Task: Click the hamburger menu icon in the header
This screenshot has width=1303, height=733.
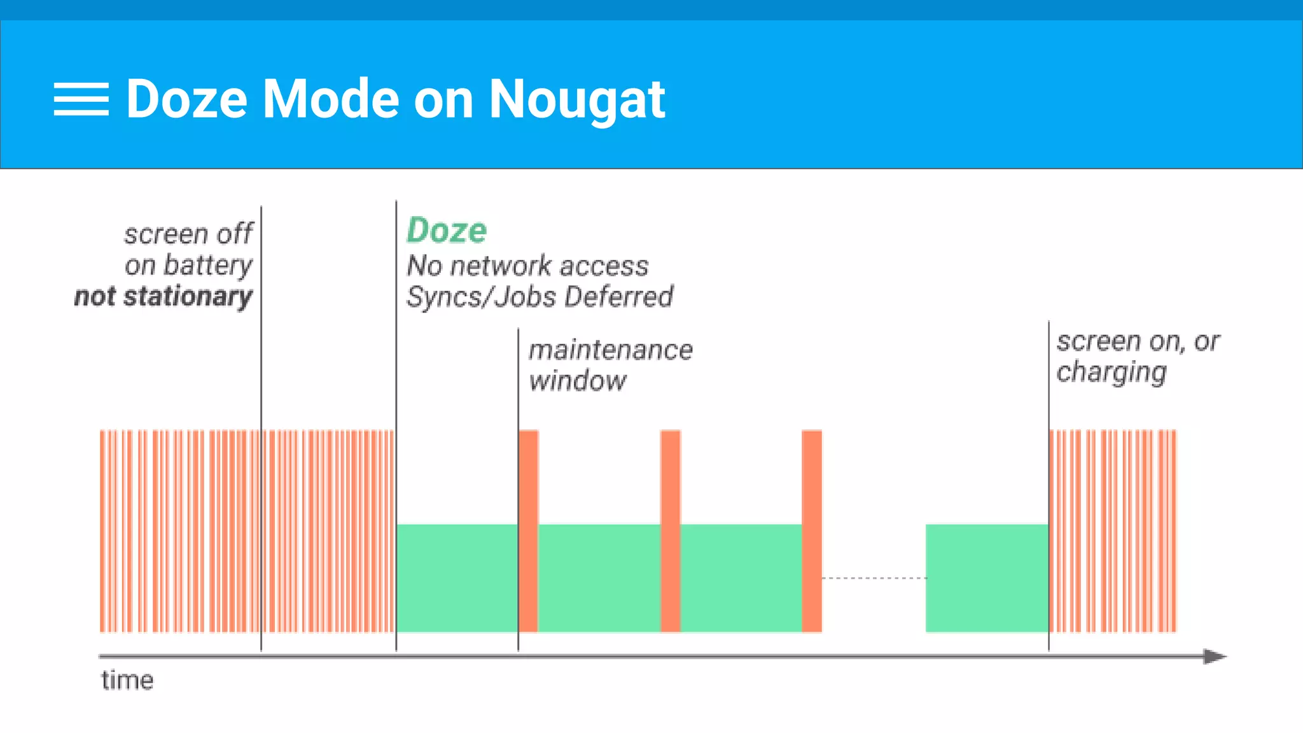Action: pyautogui.click(x=81, y=99)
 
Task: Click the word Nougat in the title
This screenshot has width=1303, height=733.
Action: pyautogui.click(x=576, y=99)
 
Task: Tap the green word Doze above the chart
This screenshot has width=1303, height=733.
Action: pyautogui.click(x=447, y=230)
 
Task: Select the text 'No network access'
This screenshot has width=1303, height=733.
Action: pyautogui.click(x=527, y=266)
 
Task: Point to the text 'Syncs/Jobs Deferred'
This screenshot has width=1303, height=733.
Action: pyautogui.click(x=540, y=297)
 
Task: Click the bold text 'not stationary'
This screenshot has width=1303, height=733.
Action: pyautogui.click(x=164, y=297)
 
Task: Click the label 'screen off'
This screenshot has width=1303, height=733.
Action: pyautogui.click(x=189, y=234)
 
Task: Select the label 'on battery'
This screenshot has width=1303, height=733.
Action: pyautogui.click(x=189, y=265)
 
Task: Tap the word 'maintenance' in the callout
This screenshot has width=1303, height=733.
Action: pyautogui.click(x=611, y=350)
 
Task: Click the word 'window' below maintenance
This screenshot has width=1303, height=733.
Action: pyautogui.click(x=578, y=381)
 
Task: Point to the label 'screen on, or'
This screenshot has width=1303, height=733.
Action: pyautogui.click(x=1138, y=342)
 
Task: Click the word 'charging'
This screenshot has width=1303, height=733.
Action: pyautogui.click(x=1111, y=372)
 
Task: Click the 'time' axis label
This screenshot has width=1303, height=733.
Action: pyautogui.click(x=127, y=681)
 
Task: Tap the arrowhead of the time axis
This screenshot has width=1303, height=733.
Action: pyautogui.click(x=1215, y=656)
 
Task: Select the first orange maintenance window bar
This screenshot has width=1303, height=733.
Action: pyautogui.click(x=529, y=531)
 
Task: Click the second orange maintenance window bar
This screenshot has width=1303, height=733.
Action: pyautogui.click(x=671, y=531)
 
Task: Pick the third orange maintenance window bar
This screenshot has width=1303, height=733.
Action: pyautogui.click(x=812, y=531)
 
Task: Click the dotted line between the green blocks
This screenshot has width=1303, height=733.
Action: pyautogui.click(x=874, y=578)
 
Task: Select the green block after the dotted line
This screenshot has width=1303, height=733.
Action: pyautogui.click(x=987, y=578)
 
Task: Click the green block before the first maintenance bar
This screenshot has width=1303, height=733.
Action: pyautogui.click(x=457, y=578)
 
